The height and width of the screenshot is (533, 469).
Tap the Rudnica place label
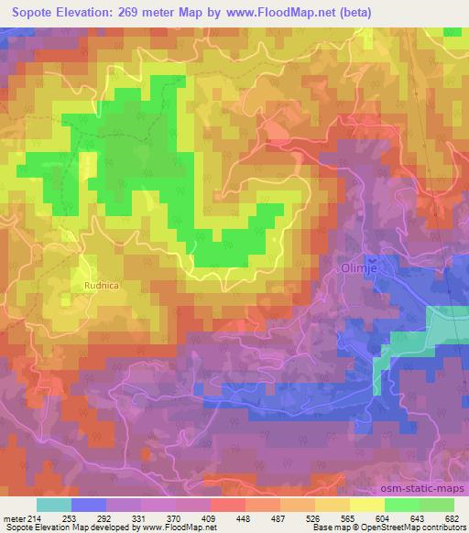pyautogui.click(x=100, y=285)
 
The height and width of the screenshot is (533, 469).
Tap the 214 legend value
pyautogui.click(x=33, y=517)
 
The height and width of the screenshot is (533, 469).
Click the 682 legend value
pyautogui.click(x=453, y=517)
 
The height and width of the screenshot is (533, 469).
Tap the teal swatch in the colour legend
pyautogui.click(x=54, y=504)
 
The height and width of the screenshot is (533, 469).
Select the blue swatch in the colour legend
pyautogui.click(x=89, y=504)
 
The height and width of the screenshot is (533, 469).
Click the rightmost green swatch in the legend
pyautogui.click(x=436, y=504)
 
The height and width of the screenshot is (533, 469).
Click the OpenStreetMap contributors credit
pyautogui.click(x=409, y=528)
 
